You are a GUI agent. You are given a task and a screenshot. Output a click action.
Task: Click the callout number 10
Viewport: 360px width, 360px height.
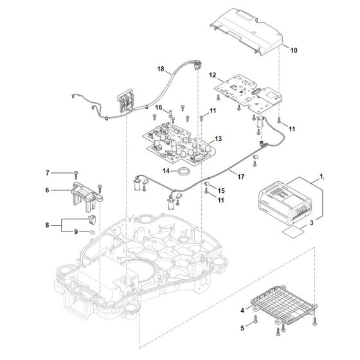click(294, 50)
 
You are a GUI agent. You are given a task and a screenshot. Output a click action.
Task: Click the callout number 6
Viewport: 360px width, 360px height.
click(47, 190)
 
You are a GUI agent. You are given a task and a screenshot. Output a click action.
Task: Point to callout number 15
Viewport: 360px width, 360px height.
click(221, 192)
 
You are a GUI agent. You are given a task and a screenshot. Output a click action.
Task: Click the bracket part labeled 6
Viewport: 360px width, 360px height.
click(83, 191)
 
